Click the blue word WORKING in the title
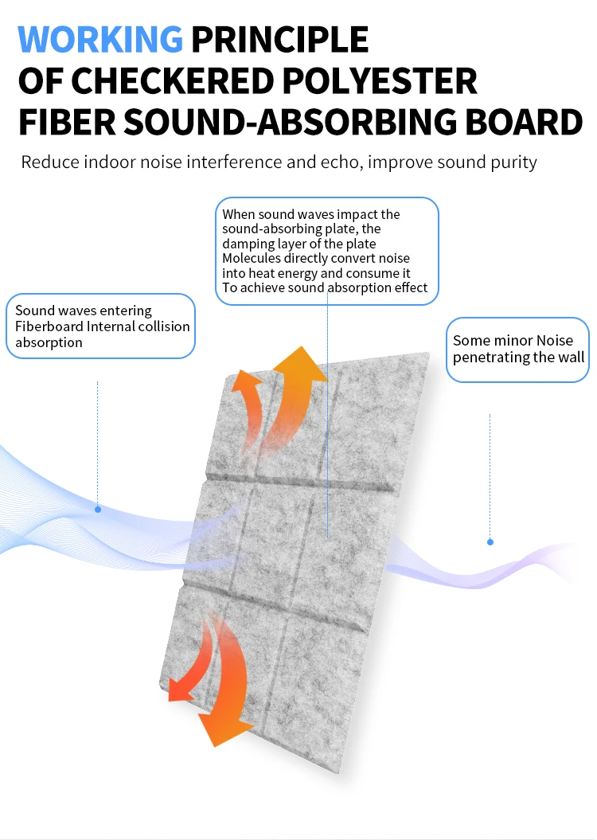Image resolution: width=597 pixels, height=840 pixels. pyautogui.click(x=100, y=39)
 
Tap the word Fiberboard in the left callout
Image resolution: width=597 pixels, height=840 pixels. pyautogui.click(x=49, y=326)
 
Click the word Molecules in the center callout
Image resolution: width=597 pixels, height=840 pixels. pyautogui.click(x=250, y=259)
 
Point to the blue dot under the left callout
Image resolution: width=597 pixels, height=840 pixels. pyautogui.click(x=98, y=509)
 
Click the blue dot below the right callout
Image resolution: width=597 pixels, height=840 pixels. pyautogui.click(x=490, y=542)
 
